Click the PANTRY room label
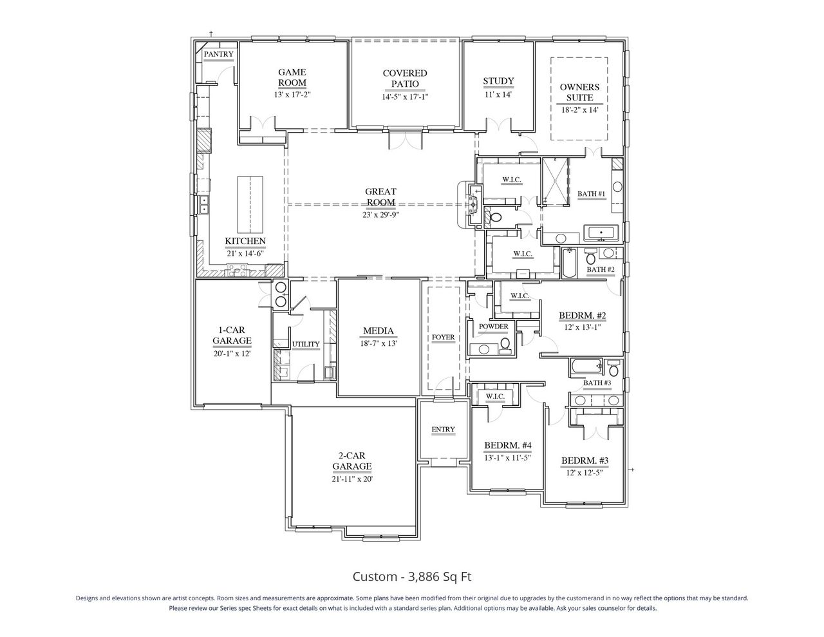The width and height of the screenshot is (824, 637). (x=218, y=55)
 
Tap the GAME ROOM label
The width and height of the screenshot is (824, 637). (x=292, y=77)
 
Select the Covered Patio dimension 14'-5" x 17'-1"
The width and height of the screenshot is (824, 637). (x=405, y=97)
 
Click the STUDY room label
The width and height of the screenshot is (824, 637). (x=499, y=81)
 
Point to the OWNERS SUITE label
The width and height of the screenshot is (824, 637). (x=579, y=92)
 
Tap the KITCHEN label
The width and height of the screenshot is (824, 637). (x=245, y=242)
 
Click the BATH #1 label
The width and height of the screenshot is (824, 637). (x=591, y=194)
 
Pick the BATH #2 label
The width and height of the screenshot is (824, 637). (x=599, y=269)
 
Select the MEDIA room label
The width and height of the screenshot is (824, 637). (x=378, y=332)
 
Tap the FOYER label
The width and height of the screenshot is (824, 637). (x=443, y=338)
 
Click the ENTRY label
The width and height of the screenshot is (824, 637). (x=443, y=430)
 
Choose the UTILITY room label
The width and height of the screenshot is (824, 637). (x=306, y=344)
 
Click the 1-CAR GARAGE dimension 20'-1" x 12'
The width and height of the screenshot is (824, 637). (x=232, y=354)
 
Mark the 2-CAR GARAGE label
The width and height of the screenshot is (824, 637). (x=351, y=461)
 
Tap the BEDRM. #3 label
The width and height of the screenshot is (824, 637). (x=585, y=461)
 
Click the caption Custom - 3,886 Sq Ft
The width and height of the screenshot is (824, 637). (x=412, y=576)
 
